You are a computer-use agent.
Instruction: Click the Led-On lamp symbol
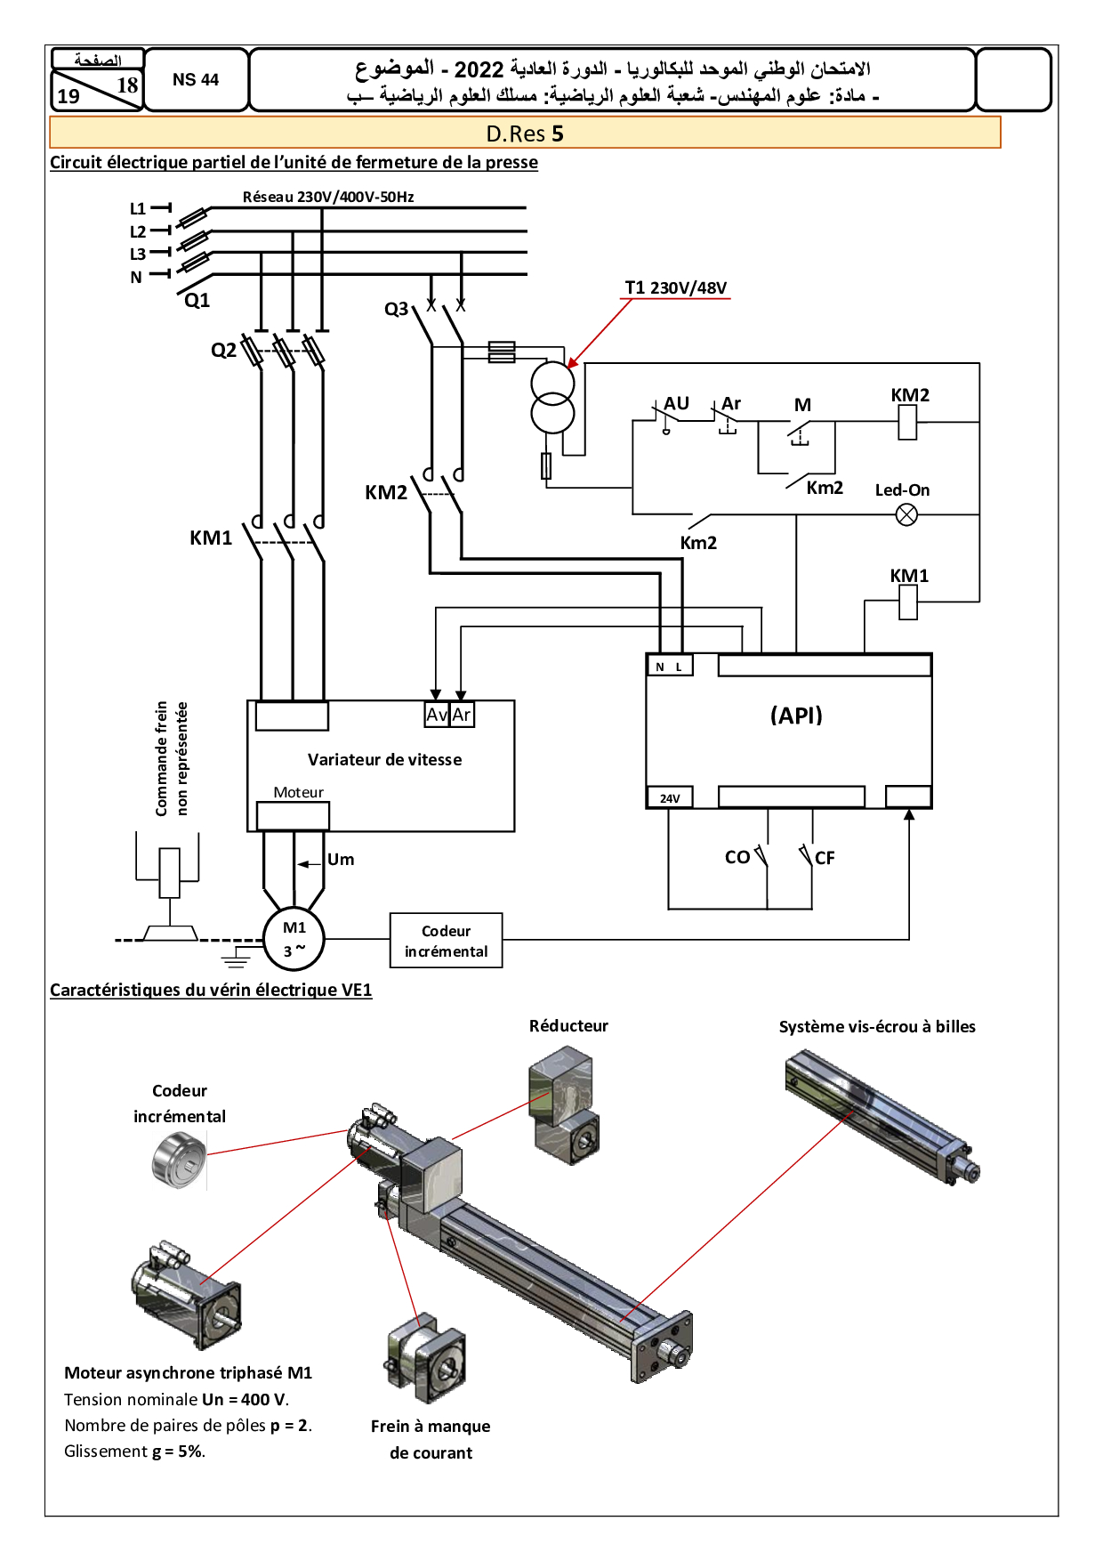[x=906, y=514]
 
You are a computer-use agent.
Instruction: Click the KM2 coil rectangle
[x=907, y=422]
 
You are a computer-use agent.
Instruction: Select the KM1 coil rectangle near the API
[x=908, y=603]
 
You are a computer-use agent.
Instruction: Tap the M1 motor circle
[x=294, y=939]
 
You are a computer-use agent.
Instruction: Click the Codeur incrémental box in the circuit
[x=447, y=941]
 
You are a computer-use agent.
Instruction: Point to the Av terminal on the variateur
[x=437, y=715]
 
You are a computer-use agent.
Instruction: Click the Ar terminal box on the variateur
[x=462, y=715]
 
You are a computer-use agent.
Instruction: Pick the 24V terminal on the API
[x=670, y=797]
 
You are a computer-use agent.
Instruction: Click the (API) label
[x=796, y=716]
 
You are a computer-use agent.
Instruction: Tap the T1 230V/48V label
[x=676, y=287]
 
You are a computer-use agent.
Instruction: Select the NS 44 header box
[x=196, y=79]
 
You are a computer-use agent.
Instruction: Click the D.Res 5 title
[x=525, y=133]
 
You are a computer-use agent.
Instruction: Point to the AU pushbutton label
[x=677, y=403]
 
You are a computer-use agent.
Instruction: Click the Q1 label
[x=197, y=301]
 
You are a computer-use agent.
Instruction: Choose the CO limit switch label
[x=737, y=857]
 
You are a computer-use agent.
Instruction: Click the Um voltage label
[x=341, y=860]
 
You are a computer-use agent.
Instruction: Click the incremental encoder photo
[x=179, y=1159]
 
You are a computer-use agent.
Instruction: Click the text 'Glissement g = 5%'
[x=135, y=1452]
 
